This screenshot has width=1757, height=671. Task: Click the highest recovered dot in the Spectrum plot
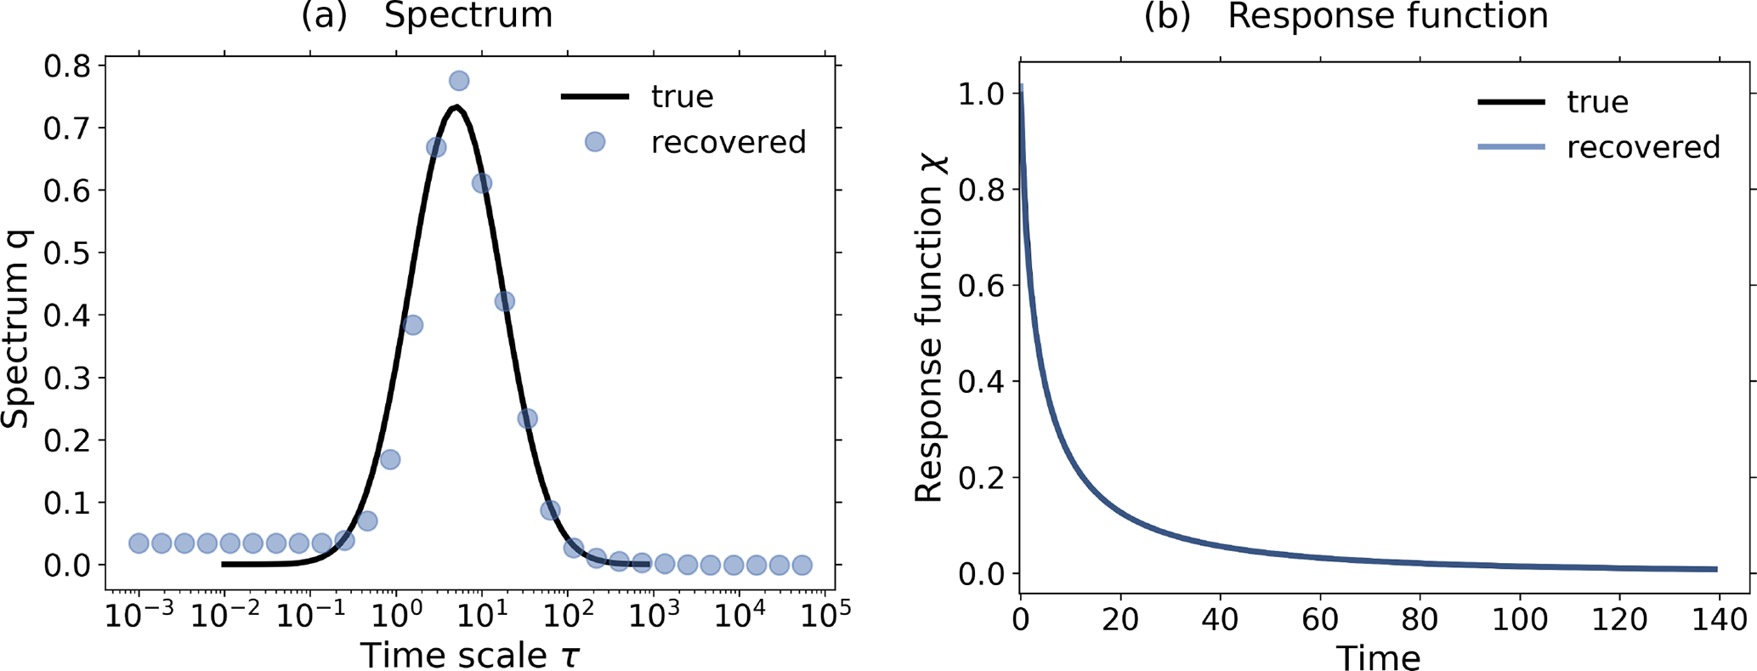click(459, 81)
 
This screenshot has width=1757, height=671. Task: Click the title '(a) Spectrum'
click(427, 15)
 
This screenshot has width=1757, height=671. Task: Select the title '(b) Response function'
click(1346, 15)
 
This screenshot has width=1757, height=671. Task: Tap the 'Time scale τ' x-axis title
click(470, 655)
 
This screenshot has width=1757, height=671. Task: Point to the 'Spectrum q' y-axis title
click(17, 328)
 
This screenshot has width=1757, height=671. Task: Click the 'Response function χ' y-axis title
click(930, 328)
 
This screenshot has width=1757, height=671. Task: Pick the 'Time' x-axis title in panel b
click(1378, 657)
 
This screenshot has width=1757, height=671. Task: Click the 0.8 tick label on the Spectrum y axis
click(67, 65)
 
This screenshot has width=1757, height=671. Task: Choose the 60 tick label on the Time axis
click(1321, 618)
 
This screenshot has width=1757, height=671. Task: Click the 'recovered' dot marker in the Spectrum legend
click(595, 142)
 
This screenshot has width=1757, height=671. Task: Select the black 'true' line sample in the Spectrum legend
click(595, 97)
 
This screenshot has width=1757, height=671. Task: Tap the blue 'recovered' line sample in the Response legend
click(1511, 147)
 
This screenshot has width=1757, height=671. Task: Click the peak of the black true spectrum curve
click(456, 107)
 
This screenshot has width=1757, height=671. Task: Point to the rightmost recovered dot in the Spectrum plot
click(802, 565)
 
